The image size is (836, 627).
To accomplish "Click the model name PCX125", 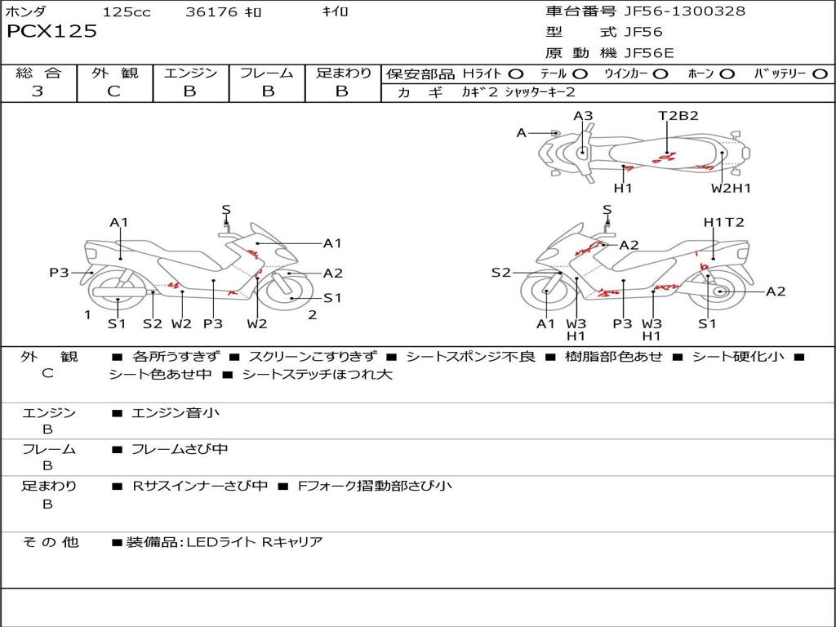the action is tap(52, 32).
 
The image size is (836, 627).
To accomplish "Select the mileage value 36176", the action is tap(211, 12).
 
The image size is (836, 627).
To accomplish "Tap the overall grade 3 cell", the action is tap(38, 91).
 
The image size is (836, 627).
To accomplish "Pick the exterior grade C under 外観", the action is tap(113, 91).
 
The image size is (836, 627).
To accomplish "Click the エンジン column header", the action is tap(190, 73).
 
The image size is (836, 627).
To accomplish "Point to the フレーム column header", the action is tap(267, 73).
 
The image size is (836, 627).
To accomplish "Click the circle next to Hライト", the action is tap(516, 74).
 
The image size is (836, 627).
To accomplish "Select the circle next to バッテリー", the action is tap(820, 74).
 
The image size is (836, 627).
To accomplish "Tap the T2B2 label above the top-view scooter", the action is tap(678, 116).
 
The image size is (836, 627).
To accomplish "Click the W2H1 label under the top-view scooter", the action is tap(731, 189).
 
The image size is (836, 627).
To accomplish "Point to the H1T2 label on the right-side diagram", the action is tap(723, 222).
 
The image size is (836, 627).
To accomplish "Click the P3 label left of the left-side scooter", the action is tap(59, 273).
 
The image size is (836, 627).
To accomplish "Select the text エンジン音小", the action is tap(176, 413).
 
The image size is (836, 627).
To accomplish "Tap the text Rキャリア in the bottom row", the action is tap(291, 542).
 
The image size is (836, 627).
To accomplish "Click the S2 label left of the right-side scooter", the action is tap(500, 273).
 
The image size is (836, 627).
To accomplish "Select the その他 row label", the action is tap(51, 542).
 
